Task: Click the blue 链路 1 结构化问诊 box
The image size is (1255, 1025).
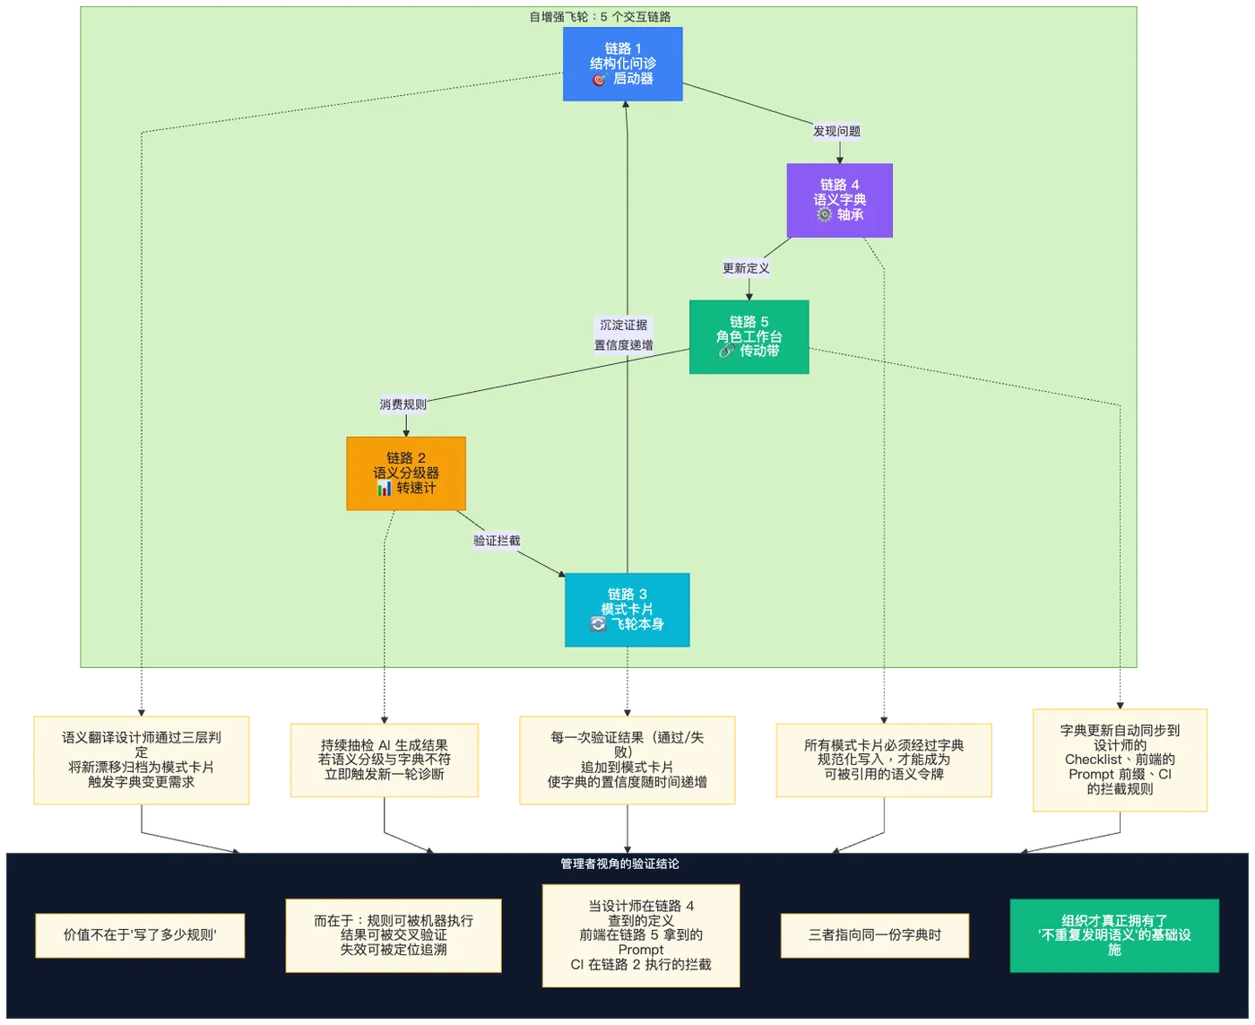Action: [622, 64]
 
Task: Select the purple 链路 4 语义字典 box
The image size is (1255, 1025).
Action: [839, 200]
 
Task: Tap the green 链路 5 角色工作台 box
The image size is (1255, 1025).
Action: [749, 337]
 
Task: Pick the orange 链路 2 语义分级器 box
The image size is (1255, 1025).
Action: [406, 473]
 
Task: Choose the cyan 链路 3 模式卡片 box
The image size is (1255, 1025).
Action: [627, 610]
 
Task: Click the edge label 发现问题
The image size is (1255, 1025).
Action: [836, 131]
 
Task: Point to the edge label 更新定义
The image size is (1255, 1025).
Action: [746, 268]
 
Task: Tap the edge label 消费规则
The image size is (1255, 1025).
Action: [402, 404]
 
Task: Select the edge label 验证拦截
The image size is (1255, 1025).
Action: [497, 541]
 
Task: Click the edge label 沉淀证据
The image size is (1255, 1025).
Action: [624, 325]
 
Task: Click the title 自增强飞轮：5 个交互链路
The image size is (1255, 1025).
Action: [600, 17]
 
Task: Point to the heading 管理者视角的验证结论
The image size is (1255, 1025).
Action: [619, 864]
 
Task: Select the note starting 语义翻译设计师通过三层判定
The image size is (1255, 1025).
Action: [141, 760]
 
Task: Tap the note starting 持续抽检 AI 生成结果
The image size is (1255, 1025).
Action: [384, 760]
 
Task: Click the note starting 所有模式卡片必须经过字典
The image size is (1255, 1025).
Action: [884, 760]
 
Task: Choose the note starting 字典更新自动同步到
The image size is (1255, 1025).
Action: [1120, 760]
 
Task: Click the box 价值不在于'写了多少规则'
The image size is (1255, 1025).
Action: [140, 935]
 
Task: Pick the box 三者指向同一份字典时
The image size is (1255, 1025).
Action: [875, 935]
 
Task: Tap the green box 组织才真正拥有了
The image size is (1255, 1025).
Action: [1114, 935]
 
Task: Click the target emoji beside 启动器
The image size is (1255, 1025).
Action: [599, 79]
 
